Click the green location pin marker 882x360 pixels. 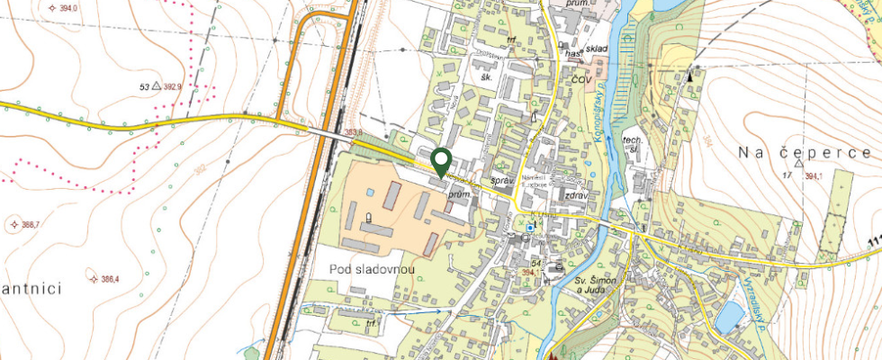pos(441,161)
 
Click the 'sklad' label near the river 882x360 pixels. pos(598,49)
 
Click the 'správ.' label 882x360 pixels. pos(501,181)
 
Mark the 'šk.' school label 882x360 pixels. pos(487,77)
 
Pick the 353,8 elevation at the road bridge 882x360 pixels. pos(354,132)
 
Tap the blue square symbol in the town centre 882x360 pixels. pos(530,229)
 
